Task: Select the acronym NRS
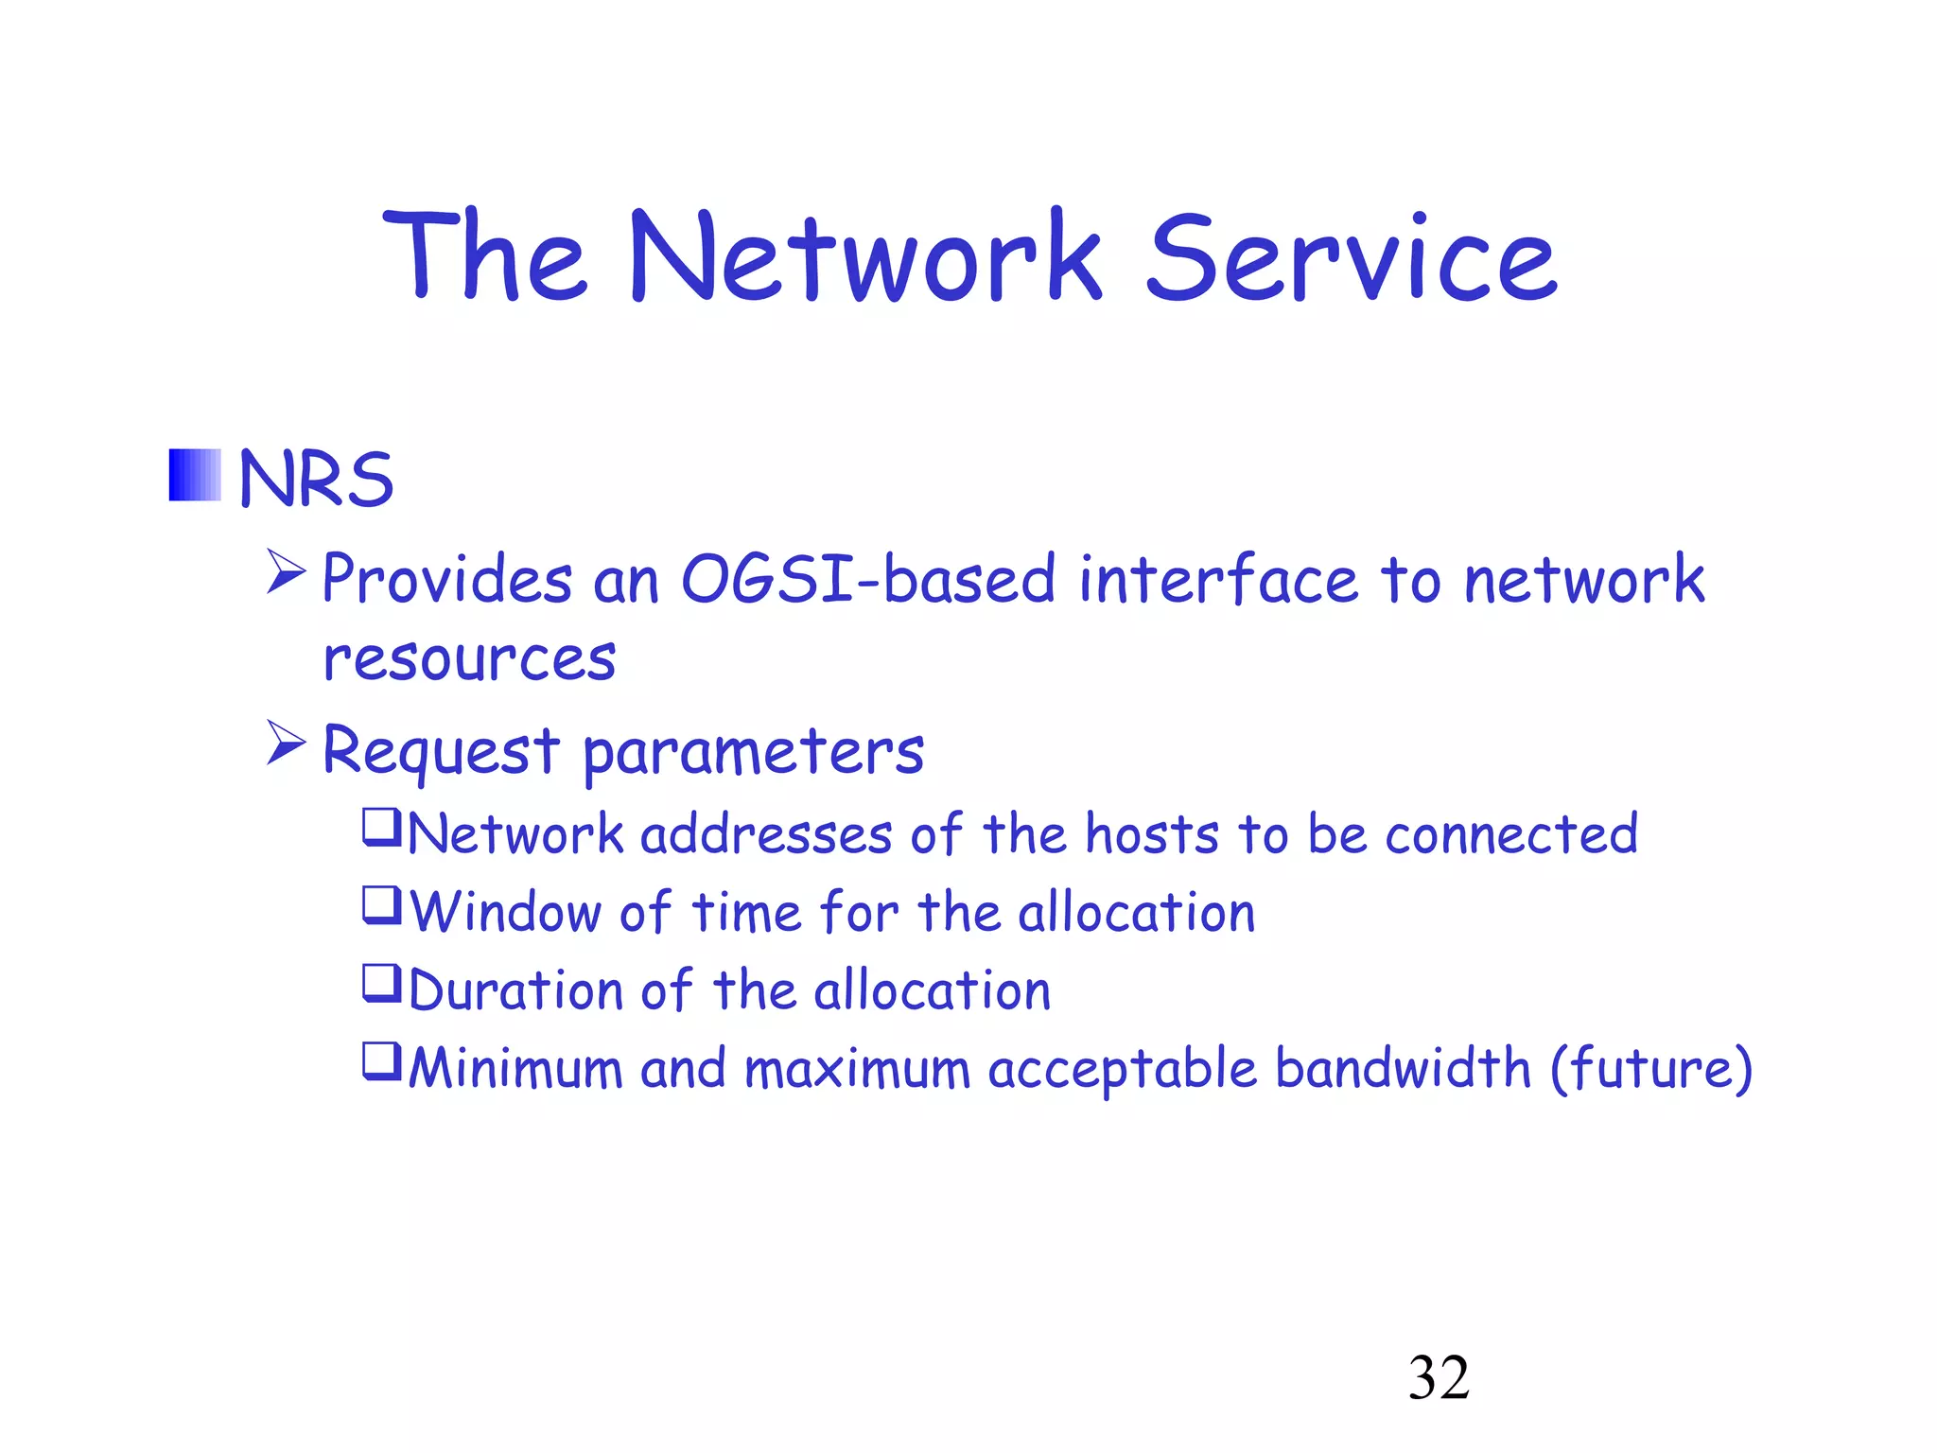coord(316,479)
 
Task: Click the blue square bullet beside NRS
coord(195,475)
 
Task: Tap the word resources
coord(469,658)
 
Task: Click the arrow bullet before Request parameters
coord(286,743)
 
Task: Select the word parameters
coord(753,752)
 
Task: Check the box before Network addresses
coord(382,827)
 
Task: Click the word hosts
coord(1152,834)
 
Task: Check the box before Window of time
coord(382,905)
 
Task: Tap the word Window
coord(506,913)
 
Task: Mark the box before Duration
coord(382,983)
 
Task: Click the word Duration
coord(516,991)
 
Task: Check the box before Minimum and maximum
coord(382,1060)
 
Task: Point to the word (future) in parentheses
coord(1651,1069)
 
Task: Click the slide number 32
coord(1439,1377)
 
